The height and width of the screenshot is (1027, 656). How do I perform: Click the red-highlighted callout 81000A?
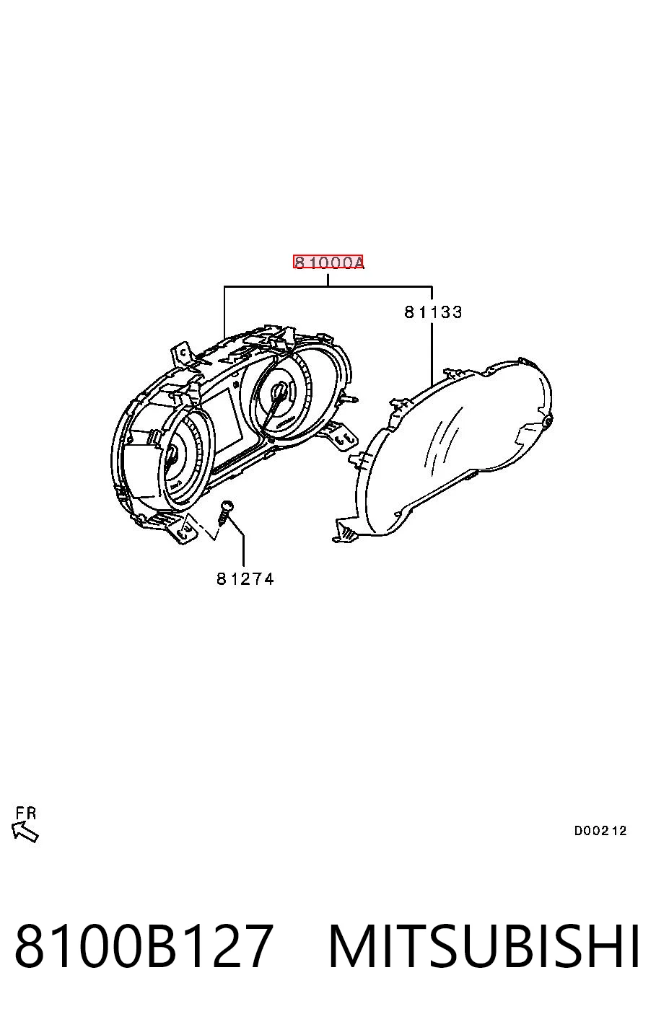(328, 262)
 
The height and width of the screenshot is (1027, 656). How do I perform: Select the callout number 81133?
(433, 312)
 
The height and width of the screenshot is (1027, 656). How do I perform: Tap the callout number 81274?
(245, 579)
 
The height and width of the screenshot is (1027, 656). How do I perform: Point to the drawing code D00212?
(600, 830)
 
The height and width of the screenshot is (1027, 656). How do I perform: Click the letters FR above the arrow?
(26, 814)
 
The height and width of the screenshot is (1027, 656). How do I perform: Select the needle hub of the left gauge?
(172, 455)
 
